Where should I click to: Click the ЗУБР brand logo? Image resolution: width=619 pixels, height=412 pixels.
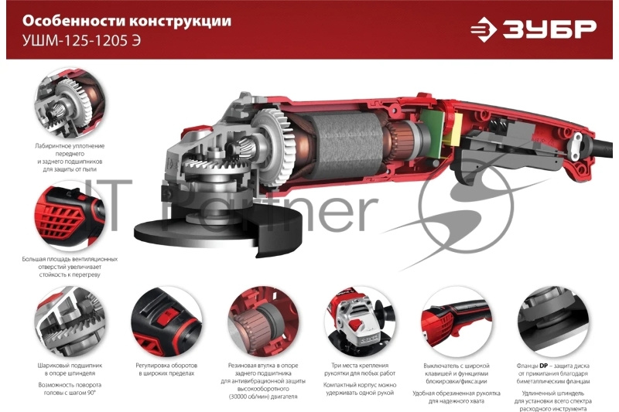(534, 29)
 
